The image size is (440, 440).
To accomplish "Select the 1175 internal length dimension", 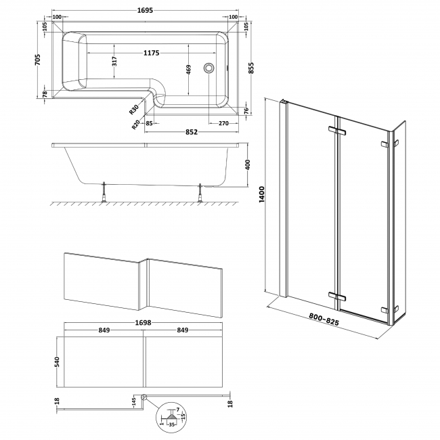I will [156, 53].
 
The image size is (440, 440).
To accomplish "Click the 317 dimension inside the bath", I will [114, 62].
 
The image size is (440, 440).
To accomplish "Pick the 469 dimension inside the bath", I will [189, 70].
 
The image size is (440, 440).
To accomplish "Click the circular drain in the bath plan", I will [211, 68].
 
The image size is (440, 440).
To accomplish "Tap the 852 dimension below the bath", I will [192, 132].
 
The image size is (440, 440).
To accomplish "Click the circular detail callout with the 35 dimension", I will [170, 417].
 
